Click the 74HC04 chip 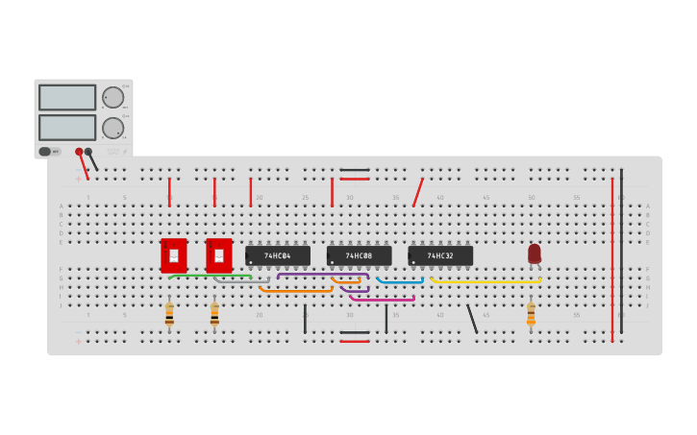coord(278,255)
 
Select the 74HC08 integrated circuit coord(359,255)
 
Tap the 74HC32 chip coord(440,255)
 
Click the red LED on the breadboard coord(535,254)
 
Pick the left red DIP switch coord(174,255)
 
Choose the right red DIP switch coord(219,255)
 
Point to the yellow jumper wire coord(485,282)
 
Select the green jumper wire coord(210,276)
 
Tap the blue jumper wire coord(400,282)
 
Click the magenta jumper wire coord(383,300)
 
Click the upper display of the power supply coord(67,97)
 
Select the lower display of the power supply coord(67,128)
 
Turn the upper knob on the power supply coord(112,97)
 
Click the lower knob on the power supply coord(112,128)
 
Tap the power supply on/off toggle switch coord(45,152)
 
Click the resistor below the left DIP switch coord(169,314)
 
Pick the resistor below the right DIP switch coord(214,314)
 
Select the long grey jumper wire coord(240,282)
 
